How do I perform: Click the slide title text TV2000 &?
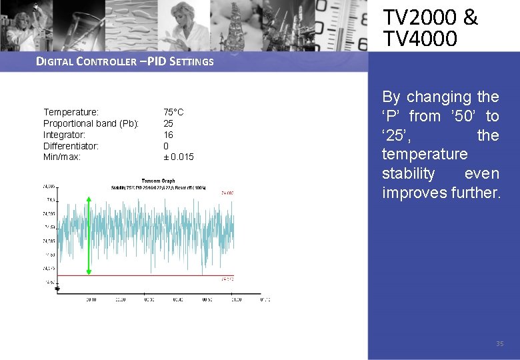(430, 17)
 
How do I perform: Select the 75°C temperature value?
(173, 112)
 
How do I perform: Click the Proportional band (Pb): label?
(91, 123)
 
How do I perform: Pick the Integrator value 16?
(169, 135)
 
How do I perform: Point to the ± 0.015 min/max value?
(179, 157)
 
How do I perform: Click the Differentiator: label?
(71, 145)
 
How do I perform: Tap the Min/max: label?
(62, 157)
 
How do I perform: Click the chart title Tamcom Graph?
(159, 181)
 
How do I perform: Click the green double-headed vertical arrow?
(89, 235)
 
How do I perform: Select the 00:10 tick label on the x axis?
(91, 300)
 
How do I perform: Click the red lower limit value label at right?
(227, 279)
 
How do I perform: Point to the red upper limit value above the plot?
(227, 193)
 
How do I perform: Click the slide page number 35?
(499, 344)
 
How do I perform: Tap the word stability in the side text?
(408, 174)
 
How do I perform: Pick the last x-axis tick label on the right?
(265, 300)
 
